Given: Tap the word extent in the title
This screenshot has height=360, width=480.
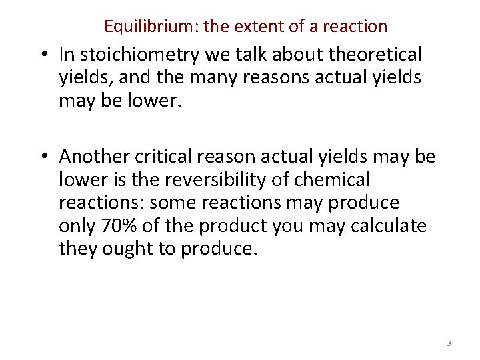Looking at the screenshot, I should pyautogui.click(x=255, y=27).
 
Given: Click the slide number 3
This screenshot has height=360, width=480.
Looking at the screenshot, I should pyautogui.click(x=449, y=343).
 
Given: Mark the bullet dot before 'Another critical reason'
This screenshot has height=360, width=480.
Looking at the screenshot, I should pyautogui.click(x=46, y=157).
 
